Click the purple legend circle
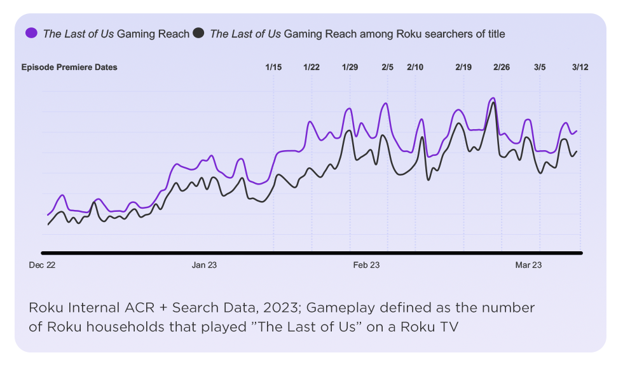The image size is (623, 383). click(x=31, y=34)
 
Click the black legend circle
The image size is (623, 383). click(x=199, y=34)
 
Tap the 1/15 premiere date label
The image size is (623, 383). click(x=273, y=67)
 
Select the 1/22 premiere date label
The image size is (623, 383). click(x=311, y=67)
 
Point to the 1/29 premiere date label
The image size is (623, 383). click(x=350, y=67)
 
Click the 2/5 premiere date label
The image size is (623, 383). click(x=387, y=67)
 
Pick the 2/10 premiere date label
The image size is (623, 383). click(x=414, y=67)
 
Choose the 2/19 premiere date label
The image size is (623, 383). click(x=463, y=67)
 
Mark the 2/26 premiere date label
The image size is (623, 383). click(x=501, y=67)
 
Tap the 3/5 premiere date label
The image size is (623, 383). click(x=540, y=67)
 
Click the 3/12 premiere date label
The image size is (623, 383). click(x=580, y=67)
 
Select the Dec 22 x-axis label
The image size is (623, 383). click(x=42, y=265)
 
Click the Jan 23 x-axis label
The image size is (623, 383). click(x=204, y=265)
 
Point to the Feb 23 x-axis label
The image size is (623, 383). click(x=366, y=265)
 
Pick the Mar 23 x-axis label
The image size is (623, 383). click(x=528, y=265)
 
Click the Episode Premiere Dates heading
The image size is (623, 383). click(x=69, y=67)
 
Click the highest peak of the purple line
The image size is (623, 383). click(x=492, y=98)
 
